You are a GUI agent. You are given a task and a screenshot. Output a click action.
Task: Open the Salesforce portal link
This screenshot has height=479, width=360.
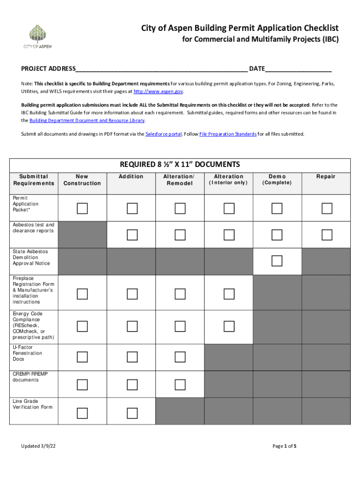pos(163,134)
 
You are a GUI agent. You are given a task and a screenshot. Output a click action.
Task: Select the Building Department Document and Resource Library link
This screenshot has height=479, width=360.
pos(87,121)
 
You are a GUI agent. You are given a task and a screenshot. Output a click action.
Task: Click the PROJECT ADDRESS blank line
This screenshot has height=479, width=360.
pos(161,69)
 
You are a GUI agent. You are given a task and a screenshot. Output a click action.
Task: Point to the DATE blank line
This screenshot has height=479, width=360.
pos(298,69)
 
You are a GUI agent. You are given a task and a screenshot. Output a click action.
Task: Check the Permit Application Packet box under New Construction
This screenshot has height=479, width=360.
pos(82,208)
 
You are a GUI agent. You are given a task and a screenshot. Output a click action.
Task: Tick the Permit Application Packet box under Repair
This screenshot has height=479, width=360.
pos(326,208)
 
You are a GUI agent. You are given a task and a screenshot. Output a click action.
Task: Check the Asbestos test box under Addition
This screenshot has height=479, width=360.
pos(131,234)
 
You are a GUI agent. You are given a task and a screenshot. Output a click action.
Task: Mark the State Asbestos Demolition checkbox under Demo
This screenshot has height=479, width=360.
pos(277,261)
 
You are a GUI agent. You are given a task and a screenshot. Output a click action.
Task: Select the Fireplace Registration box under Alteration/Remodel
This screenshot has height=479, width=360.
pos(180,294)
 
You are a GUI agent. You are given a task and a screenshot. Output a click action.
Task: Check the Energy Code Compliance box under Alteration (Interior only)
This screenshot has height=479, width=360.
pos(229,326)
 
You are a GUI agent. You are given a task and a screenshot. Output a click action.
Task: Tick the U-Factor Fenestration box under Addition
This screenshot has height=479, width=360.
pos(131,357)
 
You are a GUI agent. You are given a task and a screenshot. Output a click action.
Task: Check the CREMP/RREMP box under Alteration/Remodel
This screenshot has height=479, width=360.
pos(180,385)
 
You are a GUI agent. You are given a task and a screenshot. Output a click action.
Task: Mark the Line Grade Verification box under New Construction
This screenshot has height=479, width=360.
pos(82,412)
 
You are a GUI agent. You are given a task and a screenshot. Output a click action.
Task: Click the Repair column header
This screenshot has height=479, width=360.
pos(326,176)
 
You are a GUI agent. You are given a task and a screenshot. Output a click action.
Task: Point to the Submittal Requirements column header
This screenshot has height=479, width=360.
pos(34,180)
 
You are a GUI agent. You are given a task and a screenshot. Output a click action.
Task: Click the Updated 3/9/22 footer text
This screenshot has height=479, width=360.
pos(37,446)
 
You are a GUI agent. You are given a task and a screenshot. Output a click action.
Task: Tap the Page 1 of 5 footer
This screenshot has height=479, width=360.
pos(284,446)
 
